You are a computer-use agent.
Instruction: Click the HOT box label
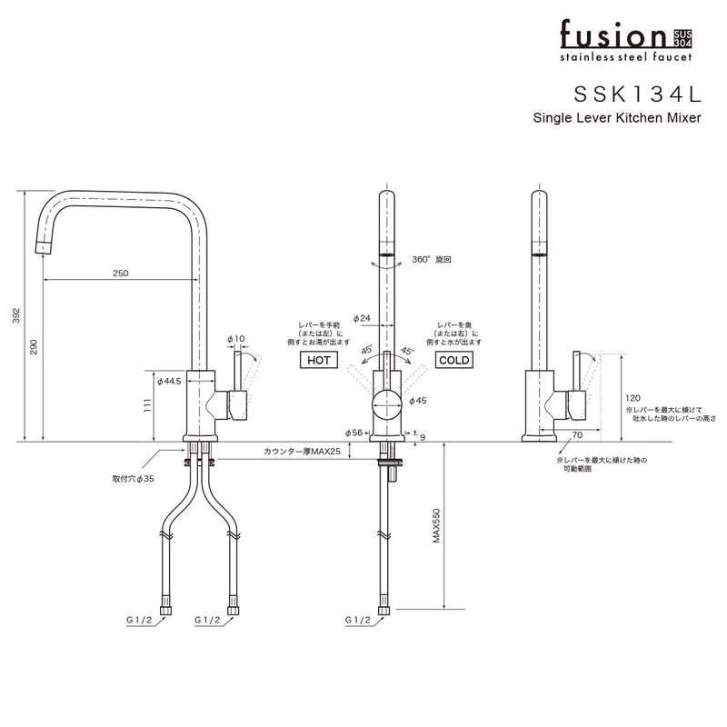point(318,361)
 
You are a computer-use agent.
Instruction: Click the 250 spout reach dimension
point(121,274)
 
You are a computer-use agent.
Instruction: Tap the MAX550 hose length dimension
point(436,526)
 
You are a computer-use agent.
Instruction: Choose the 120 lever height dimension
point(632,398)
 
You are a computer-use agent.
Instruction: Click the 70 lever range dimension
point(577,433)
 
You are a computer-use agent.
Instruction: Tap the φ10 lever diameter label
point(237,339)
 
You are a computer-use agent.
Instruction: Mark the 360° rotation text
point(431,259)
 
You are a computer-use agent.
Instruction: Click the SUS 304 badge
point(682,37)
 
